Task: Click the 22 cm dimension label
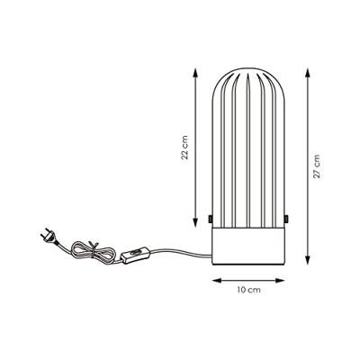pyautogui.click(x=186, y=148)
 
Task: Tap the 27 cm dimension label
pyautogui.click(x=317, y=166)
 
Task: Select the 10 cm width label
pyautogui.click(x=248, y=290)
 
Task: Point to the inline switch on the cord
pyautogui.click(x=135, y=255)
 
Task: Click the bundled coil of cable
pyautogui.click(x=93, y=251)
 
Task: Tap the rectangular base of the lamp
pyautogui.click(x=248, y=246)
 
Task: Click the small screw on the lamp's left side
pyautogui.click(x=210, y=219)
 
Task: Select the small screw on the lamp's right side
pyautogui.click(x=287, y=219)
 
